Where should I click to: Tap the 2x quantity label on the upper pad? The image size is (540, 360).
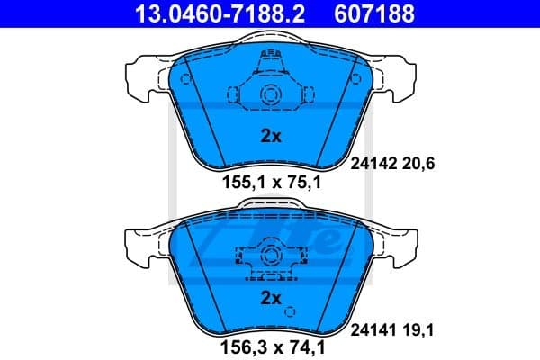271,137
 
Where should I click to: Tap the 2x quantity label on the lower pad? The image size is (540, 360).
271,298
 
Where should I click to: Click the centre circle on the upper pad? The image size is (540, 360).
269,96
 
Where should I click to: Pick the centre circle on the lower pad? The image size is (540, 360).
269,258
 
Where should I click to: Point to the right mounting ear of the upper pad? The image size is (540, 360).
396,77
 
